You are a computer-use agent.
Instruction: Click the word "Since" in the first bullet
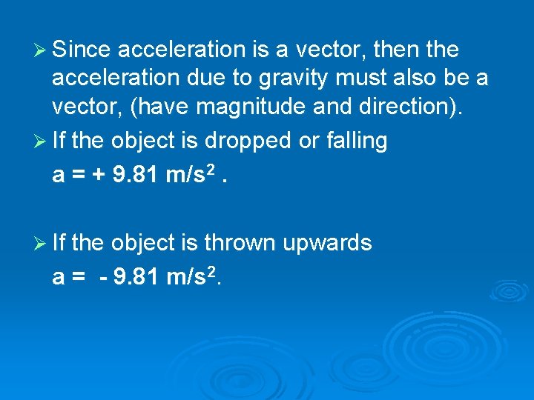(82, 50)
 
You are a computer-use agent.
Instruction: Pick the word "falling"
(354, 141)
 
